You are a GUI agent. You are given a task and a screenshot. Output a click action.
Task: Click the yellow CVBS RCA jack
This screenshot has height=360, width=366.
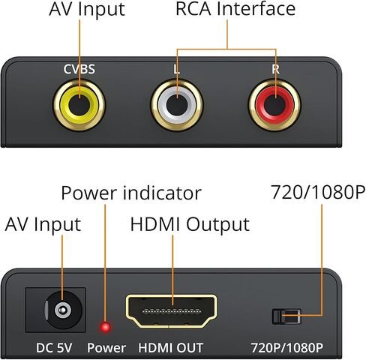click(x=79, y=105)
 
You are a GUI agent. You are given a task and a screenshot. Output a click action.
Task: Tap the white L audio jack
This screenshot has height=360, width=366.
click(x=177, y=105)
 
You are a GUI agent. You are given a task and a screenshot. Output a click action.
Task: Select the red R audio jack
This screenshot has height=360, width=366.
click(x=274, y=105)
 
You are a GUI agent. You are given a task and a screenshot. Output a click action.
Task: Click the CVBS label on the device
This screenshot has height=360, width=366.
click(x=79, y=69)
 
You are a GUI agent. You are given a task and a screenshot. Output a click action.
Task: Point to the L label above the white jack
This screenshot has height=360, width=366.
click(x=177, y=69)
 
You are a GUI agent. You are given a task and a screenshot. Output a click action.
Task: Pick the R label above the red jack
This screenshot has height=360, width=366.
click(x=275, y=69)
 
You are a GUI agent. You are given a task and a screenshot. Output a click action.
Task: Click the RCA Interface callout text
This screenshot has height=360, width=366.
click(x=235, y=9)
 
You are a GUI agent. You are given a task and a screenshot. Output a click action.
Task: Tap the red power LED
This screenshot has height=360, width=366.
click(x=105, y=327)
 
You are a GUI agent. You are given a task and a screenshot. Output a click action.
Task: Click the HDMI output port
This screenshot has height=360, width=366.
click(x=171, y=311)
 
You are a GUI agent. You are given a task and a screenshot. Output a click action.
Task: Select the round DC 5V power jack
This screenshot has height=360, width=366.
click(x=63, y=310)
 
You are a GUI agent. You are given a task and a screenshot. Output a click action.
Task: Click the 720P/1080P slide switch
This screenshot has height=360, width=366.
click(x=286, y=316)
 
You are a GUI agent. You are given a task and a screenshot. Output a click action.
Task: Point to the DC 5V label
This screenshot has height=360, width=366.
click(x=54, y=348)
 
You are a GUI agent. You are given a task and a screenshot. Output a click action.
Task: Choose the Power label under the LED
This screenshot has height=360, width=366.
click(x=106, y=348)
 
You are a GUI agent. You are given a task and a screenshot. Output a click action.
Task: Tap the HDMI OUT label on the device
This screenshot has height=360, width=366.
click(x=171, y=348)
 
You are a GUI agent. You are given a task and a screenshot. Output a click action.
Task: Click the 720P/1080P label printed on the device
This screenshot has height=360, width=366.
click(x=287, y=348)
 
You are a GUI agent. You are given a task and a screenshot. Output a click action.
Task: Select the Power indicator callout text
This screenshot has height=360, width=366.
click(x=131, y=193)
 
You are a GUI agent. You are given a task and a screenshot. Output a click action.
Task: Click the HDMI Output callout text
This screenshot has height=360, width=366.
click(x=190, y=224)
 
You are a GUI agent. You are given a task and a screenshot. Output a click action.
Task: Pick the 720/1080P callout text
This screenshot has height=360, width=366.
click(x=318, y=192)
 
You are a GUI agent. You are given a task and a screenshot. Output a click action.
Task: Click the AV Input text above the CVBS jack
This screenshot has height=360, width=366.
click(x=87, y=9)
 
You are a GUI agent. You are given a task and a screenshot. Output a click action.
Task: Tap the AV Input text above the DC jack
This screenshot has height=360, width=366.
click(x=43, y=224)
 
